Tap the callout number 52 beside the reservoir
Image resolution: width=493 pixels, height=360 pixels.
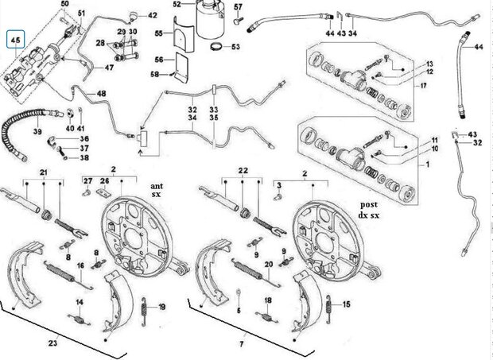point(177,5)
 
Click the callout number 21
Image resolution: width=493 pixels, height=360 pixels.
point(45,172)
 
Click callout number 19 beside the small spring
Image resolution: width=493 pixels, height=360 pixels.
point(162,307)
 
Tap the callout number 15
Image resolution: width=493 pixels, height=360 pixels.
point(346,304)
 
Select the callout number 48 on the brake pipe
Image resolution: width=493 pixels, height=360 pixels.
point(101,95)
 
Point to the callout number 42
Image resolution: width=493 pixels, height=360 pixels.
point(153,14)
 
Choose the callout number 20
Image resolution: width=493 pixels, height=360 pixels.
point(269,264)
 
